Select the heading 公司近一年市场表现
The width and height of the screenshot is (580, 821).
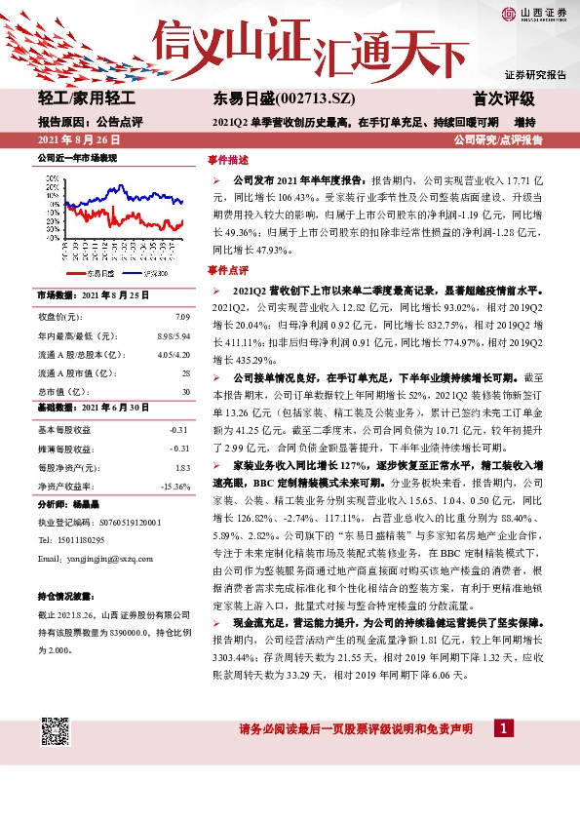tap(77, 157)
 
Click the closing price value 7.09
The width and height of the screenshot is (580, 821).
tap(182, 317)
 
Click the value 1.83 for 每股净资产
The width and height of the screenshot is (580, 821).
tap(182, 467)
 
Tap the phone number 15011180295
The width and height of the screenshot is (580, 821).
tap(79, 540)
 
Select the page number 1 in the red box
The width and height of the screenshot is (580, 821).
tap(503, 728)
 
